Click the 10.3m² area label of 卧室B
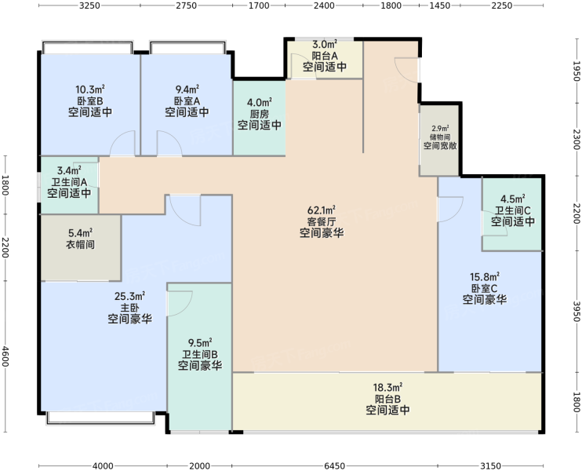click(x=90, y=89)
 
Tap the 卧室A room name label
click(x=187, y=100)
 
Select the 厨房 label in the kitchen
click(x=259, y=114)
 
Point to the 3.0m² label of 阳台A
click(x=325, y=45)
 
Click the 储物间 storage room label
click(x=440, y=137)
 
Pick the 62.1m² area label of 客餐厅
click(x=322, y=210)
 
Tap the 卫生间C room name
click(x=513, y=210)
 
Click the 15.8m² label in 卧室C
click(x=485, y=277)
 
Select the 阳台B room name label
click(x=387, y=399)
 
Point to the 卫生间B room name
click(x=200, y=354)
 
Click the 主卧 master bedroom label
click(x=129, y=308)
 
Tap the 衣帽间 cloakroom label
click(x=80, y=244)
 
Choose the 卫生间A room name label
click(x=69, y=182)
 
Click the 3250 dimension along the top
click(x=90, y=5)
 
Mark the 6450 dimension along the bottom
click(x=334, y=466)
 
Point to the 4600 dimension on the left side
click(x=5, y=356)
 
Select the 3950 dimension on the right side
click(x=576, y=312)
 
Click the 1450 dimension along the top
click(x=439, y=5)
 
